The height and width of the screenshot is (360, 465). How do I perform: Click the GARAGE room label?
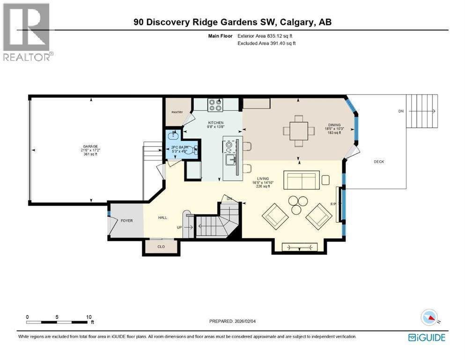click(88, 147)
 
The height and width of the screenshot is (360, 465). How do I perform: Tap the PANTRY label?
click(177, 112)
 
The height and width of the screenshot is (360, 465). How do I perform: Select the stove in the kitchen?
click(215, 105)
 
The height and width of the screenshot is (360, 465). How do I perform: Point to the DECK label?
click(379, 162)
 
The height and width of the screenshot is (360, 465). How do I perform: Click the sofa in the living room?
click(302, 180)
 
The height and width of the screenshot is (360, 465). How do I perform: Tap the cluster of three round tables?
click(296, 204)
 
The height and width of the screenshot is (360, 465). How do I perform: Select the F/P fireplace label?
click(333, 204)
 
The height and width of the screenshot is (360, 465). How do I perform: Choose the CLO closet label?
click(161, 246)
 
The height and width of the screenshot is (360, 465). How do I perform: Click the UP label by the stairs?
click(179, 227)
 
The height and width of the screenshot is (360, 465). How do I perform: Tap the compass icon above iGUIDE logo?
click(429, 317)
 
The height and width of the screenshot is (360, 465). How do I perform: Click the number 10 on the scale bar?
click(89, 317)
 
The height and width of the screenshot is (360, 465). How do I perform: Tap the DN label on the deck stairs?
click(400, 111)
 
